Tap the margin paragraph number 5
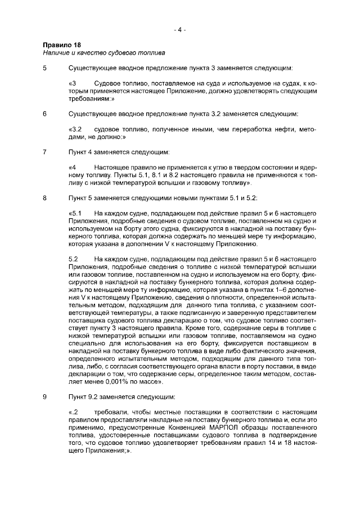tap(45, 69)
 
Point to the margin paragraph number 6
tap(45, 114)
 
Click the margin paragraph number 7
tap(45, 152)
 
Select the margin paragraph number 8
tap(45, 197)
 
